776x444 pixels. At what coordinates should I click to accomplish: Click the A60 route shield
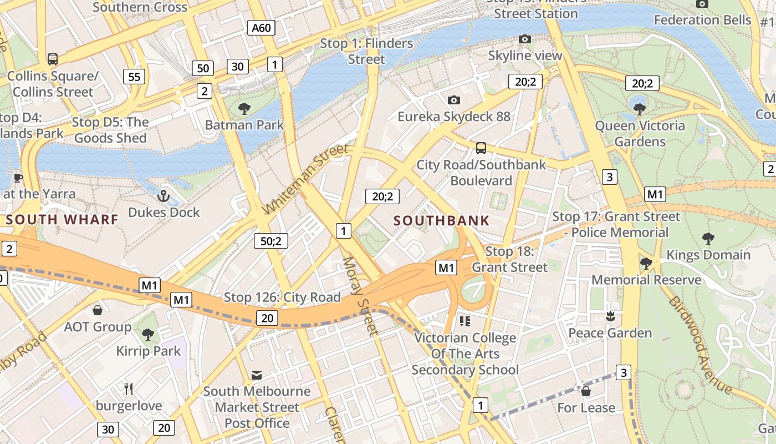point(261,28)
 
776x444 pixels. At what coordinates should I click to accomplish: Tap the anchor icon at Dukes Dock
point(164,195)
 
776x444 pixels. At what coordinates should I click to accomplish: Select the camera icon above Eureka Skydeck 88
point(454,100)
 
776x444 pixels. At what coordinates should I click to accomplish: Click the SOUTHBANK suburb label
point(441,220)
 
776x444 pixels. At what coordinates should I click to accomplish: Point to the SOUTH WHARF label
point(62,219)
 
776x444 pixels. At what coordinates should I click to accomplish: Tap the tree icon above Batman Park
point(244,108)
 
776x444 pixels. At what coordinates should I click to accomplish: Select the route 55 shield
point(135,77)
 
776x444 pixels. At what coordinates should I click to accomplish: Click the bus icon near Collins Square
point(53,59)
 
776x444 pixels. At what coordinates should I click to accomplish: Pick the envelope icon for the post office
point(256,375)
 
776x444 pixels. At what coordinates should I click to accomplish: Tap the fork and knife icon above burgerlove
point(129,389)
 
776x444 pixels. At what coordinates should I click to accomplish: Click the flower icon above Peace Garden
point(610,316)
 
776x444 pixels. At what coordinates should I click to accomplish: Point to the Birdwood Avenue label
point(700,345)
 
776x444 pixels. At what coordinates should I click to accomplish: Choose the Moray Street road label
point(360,296)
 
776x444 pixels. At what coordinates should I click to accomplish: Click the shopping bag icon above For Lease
point(586,391)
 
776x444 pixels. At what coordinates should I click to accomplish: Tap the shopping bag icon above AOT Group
point(98,310)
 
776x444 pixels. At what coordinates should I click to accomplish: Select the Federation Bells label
point(702,20)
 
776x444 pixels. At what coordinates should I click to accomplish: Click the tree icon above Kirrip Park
point(148,334)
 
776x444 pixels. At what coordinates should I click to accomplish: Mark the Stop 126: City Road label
point(282,297)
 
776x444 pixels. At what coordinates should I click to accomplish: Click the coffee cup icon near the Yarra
point(18,178)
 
